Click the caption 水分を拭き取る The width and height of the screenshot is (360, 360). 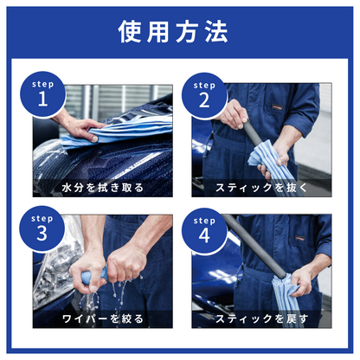(103, 187)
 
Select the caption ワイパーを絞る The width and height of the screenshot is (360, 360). (103, 319)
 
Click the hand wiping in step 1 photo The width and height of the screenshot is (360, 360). (82, 128)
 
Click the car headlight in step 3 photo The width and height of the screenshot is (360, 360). (52, 260)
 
